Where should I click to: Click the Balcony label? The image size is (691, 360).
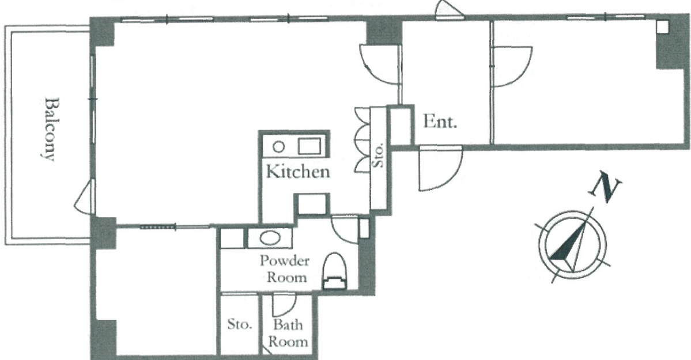[x=50, y=128]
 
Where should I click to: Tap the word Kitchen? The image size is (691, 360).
[x=298, y=171]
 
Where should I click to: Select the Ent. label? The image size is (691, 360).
[x=440, y=122]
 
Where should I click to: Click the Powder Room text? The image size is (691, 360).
[x=284, y=268]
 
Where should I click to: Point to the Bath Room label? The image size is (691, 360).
[x=288, y=333]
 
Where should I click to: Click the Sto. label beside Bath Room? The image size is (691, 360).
[x=240, y=325]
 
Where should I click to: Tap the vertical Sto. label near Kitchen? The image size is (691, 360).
[x=379, y=156]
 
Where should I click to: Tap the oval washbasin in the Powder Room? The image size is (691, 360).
[x=270, y=238]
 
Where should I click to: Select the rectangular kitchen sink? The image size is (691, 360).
[x=311, y=146]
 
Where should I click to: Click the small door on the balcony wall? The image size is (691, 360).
[x=84, y=198]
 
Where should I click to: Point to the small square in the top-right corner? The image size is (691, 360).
[x=662, y=26]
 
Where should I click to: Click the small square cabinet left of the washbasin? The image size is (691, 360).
[x=232, y=239]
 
